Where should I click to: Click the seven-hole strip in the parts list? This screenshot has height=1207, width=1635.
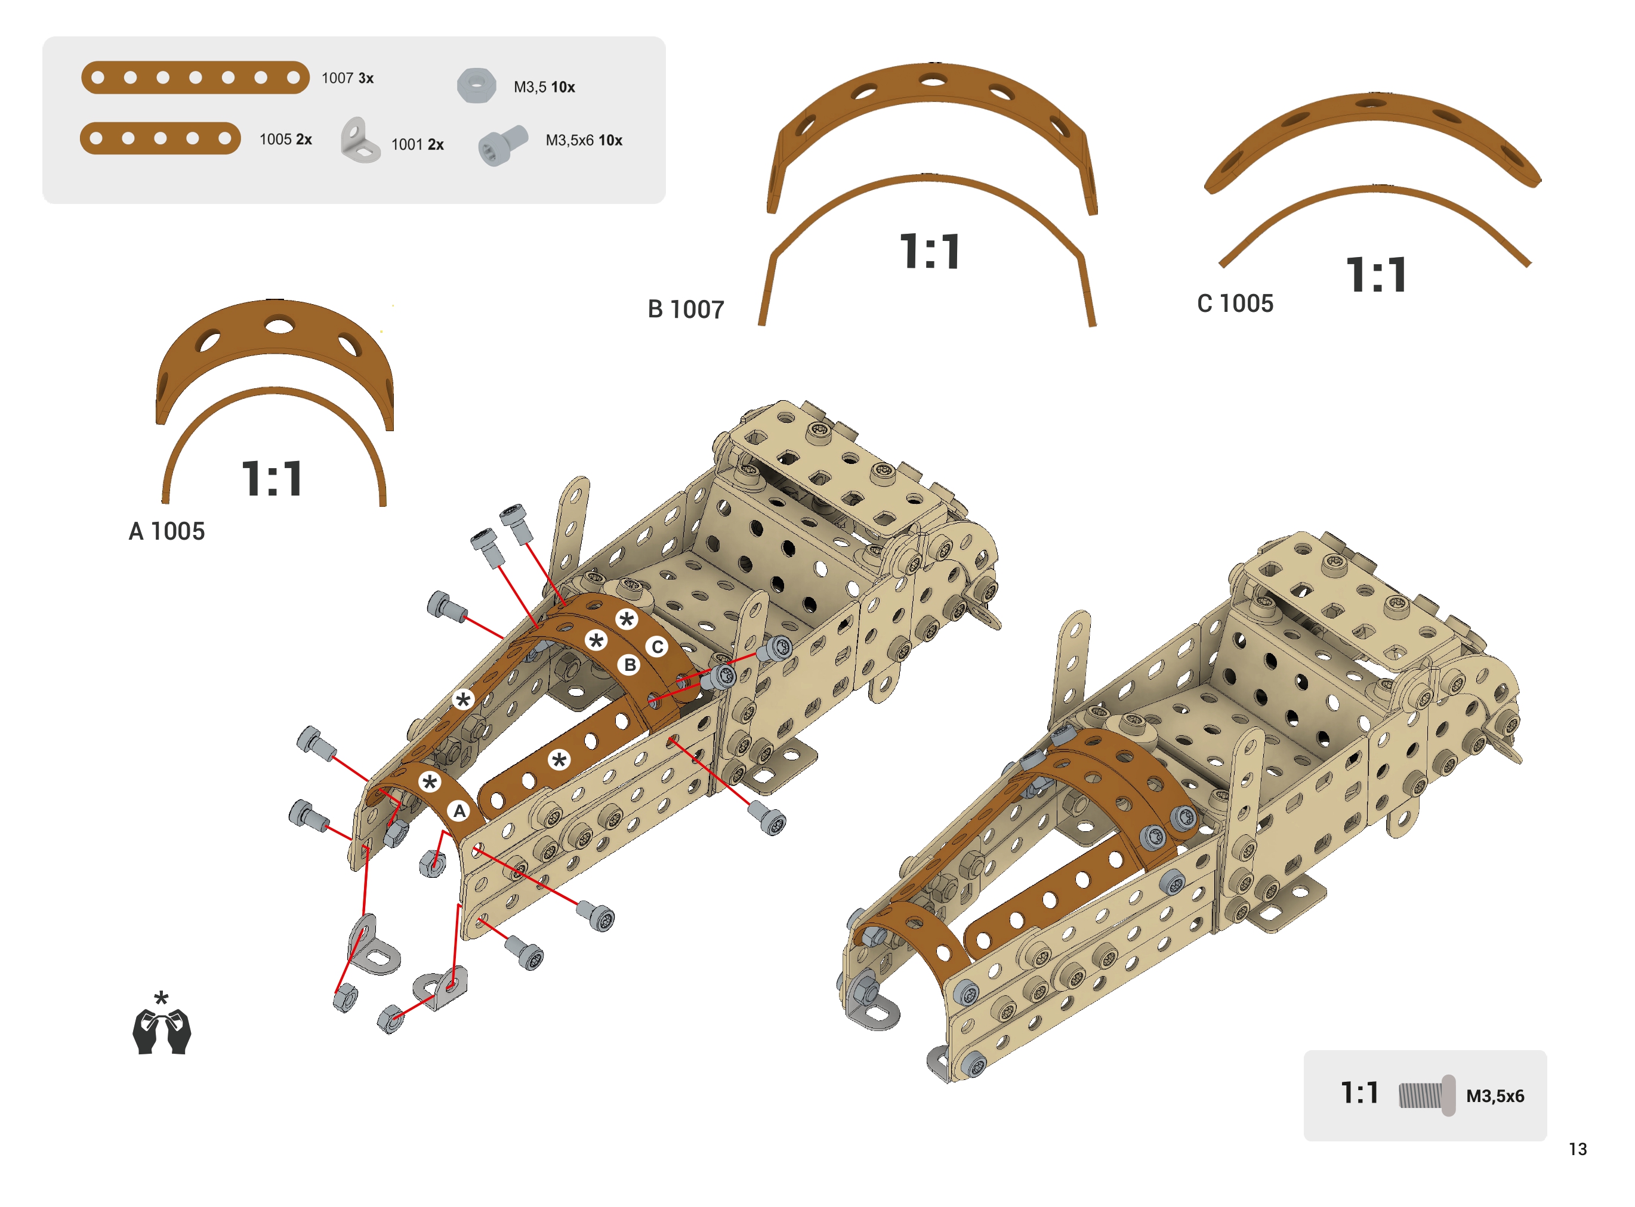pos(195,78)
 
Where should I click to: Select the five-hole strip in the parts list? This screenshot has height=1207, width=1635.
pos(160,138)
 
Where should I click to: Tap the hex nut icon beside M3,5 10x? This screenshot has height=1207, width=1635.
pos(477,85)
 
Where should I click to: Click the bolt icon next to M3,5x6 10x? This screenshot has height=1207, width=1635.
pos(503,146)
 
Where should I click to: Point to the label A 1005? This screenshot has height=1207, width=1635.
pos(166,531)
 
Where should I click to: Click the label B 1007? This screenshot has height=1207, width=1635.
pos(686,310)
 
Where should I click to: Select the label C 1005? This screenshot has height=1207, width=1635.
pos(1235,303)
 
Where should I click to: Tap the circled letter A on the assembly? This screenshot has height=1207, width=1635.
pos(459,811)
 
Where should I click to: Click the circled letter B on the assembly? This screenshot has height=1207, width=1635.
pos(630,665)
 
